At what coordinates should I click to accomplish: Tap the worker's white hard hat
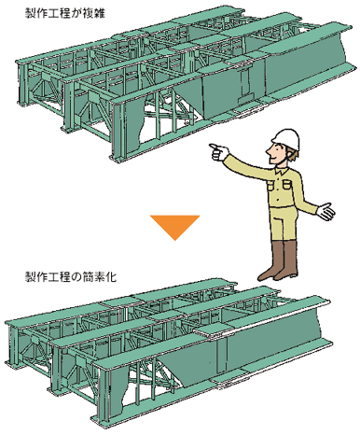point(286,138)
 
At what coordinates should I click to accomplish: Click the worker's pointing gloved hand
point(218,151)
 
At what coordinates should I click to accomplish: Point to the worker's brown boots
point(279,260)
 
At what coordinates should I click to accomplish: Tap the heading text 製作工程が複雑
point(65,14)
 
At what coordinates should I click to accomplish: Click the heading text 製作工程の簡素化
point(71,276)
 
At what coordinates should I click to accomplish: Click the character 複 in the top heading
point(89,14)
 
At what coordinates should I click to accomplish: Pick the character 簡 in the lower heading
point(89,276)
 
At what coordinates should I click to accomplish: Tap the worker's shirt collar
point(282,170)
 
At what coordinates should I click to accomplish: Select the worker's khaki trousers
point(282,223)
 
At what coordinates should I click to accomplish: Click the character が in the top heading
point(77,14)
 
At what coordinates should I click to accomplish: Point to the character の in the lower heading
point(77,276)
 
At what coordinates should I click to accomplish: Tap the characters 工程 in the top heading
point(60,14)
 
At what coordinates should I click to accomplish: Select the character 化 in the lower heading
point(111,276)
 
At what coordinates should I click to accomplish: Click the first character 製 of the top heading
point(31,14)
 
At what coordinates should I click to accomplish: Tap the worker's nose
point(267,152)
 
